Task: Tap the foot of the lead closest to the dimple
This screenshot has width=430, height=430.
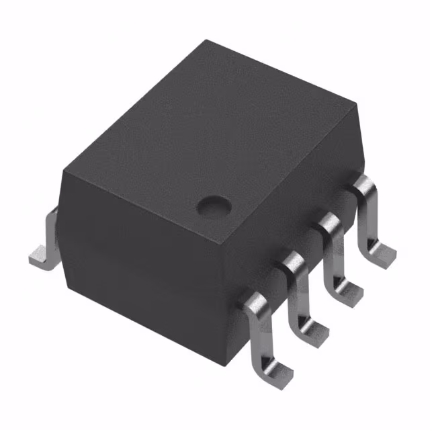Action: click(384, 253)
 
